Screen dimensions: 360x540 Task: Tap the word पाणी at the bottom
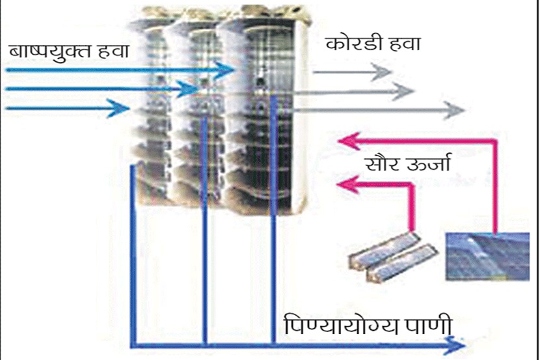(424, 324)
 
